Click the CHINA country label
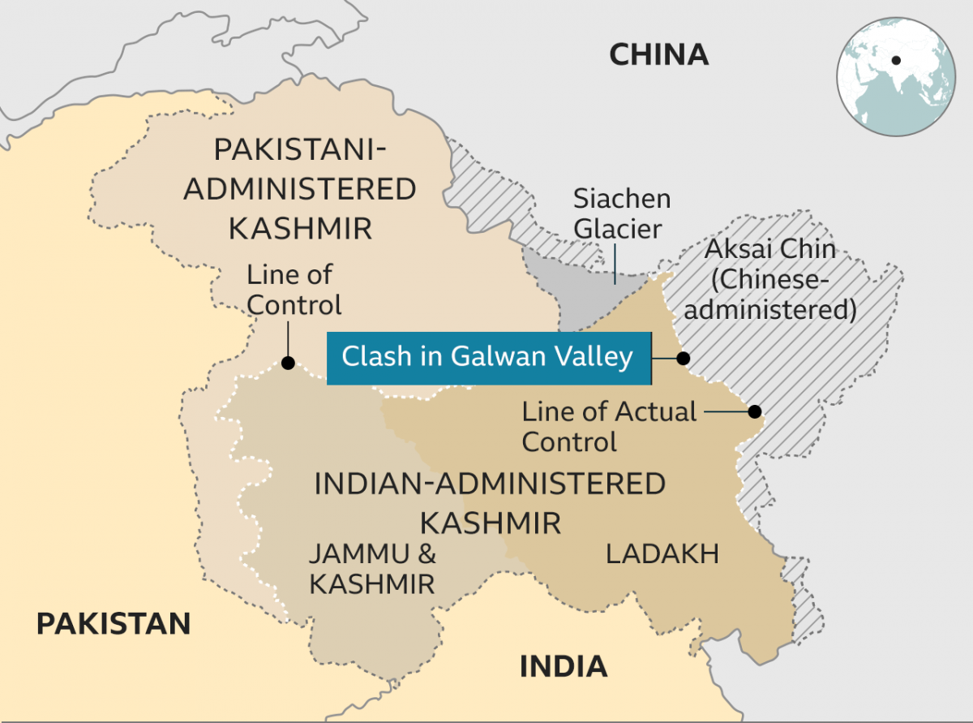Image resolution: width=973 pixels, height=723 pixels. (x=658, y=55)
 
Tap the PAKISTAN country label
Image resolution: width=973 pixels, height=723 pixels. (x=114, y=624)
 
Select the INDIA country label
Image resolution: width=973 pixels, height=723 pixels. (x=564, y=666)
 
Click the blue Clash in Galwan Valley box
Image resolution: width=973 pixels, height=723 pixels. (x=488, y=358)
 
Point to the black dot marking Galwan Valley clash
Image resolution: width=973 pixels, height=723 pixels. (x=684, y=358)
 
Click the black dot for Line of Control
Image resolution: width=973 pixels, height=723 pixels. (x=287, y=364)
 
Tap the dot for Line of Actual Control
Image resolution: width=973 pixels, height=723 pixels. (x=755, y=411)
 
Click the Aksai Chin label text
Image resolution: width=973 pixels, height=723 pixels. (x=769, y=248)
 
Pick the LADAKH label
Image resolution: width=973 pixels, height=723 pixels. (x=662, y=554)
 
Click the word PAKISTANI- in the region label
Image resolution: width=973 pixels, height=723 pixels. (x=300, y=151)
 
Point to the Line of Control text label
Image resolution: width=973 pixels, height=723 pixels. (x=294, y=290)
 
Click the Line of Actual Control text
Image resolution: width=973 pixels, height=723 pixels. (x=609, y=426)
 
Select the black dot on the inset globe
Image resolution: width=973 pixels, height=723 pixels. (x=896, y=60)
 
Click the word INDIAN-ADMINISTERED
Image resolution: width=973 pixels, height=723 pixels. (x=490, y=484)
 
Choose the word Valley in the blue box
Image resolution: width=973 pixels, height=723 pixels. (x=591, y=358)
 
